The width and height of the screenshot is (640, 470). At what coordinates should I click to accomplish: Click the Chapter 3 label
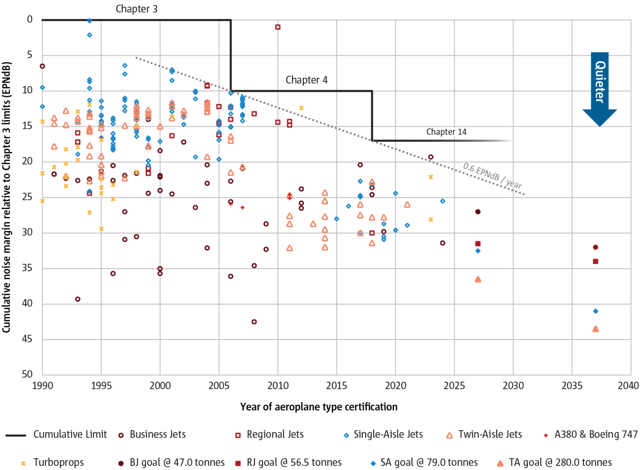136,9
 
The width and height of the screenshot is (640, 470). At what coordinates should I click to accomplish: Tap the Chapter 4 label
306,80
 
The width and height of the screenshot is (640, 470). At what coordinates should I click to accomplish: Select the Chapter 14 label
446,132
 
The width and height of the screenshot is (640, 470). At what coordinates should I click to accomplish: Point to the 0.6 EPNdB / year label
492,176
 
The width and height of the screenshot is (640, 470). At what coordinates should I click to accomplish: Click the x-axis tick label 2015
337,385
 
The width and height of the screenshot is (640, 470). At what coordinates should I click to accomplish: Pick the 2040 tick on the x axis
628,385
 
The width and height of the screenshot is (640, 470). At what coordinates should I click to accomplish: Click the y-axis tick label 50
28,374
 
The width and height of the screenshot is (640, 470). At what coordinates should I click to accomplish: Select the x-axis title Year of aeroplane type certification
319,407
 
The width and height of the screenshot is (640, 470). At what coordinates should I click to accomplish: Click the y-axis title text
6,197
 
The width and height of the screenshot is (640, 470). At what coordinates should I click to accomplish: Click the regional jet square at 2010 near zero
278,27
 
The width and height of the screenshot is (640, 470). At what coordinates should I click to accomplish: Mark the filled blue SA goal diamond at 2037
596,311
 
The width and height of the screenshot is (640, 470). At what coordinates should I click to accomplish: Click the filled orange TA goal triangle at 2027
478,280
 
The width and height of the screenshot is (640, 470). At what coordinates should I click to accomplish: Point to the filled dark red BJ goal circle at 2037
596,247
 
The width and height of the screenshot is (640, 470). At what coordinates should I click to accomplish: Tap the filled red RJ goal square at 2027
478,244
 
